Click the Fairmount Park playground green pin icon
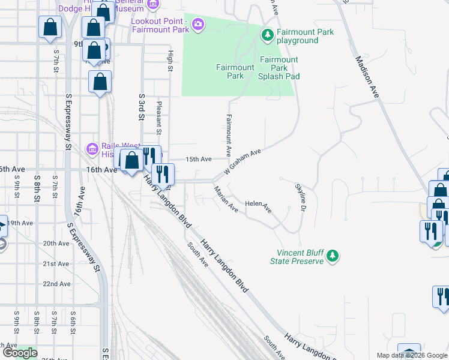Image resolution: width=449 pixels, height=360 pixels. tap(268, 36)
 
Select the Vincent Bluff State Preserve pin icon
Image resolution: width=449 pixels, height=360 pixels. tap(332, 257)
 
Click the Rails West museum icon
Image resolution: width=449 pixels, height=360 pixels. tap(92, 148)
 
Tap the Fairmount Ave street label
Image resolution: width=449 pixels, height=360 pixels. tap(229, 133)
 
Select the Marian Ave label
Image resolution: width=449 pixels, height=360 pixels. tap(226, 199)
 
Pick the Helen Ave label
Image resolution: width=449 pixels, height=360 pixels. tap(258, 207)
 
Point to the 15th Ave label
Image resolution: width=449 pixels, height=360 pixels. tap(199, 159)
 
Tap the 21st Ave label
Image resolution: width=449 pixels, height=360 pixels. tap(56, 263)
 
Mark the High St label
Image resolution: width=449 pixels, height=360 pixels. tap(170, 61)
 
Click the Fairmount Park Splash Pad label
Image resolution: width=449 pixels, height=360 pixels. tap(279, 68)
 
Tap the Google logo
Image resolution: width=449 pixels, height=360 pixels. tap(20, 353)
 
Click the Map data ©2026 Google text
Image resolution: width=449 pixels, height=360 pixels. tap(412, 355)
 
